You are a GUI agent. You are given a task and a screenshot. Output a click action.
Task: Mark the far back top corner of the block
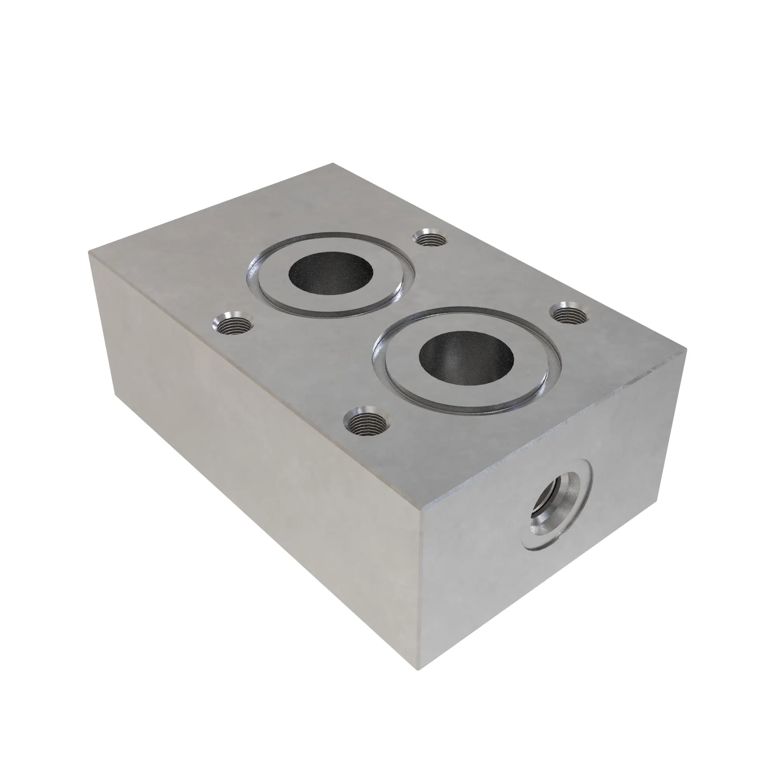tap(333, 163)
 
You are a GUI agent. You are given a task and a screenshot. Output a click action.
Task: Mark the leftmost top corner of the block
tap(89, 254)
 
